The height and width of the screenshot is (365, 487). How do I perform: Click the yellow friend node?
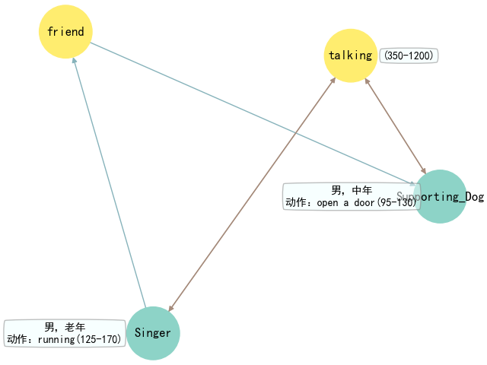click(x=66, y=32)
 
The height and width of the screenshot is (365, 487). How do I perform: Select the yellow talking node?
click(x=351, y=55)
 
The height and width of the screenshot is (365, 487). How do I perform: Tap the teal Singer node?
click(x=153, y=333)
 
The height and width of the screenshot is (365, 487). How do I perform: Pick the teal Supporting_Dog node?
click(x=439, y=196)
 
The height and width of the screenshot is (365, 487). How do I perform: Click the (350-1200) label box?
click(x=409, y=56)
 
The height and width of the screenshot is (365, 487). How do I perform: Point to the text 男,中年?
click(x=352, y=190)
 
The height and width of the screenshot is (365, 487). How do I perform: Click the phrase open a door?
click(x=349, y=203)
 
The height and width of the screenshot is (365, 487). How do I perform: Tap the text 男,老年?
click(x=65, y=327)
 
